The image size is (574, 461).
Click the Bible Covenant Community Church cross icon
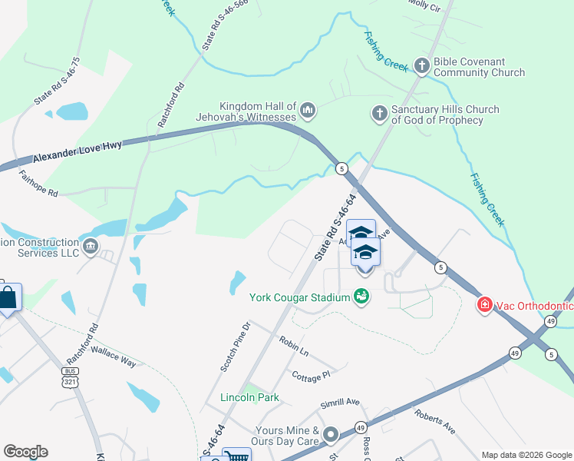click(x=421, y=66)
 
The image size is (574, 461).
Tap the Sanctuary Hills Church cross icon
click(x=378, y=114)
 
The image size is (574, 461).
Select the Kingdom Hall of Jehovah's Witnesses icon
click(x=308, y=111)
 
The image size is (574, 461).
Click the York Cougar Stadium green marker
click(x=361, y=297)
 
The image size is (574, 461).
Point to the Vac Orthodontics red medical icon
click(x=484, y=305)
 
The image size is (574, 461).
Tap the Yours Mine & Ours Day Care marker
click(x=331, y=436)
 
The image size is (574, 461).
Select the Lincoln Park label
click(x=249, y=397)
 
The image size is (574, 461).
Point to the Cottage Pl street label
click(x=311, y=375)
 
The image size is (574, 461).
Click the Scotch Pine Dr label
click(x=236, y=347)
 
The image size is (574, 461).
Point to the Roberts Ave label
click(x=435, y=421)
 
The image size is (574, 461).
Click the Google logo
click(x=25, y=452)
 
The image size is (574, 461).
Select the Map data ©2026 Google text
click(x=526, y=455)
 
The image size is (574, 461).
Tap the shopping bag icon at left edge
click(x=8, y=297)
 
